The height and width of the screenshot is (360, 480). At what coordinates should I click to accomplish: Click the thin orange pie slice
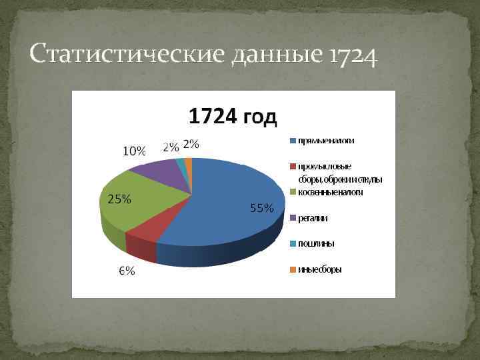click(x=188, y=162)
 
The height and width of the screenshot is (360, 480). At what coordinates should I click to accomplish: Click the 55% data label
click(x=261, y=208)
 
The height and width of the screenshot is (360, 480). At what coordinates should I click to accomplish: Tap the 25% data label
click(x=119, y=199)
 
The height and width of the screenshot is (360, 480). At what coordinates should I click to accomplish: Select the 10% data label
click(x=134, y=151)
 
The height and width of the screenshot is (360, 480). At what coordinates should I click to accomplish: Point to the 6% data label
click(x=127, y=271)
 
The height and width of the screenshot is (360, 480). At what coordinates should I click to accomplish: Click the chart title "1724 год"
click(x=232, y=117)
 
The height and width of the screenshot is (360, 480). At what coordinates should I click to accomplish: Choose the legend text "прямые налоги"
click(x=326, y=141)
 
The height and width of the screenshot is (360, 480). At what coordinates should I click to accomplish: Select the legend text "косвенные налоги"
click(x=331, y=192)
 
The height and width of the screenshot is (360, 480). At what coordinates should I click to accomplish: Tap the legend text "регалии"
click(x=313, y=218)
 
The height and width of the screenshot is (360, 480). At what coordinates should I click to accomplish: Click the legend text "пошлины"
click(x=316, y=243)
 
